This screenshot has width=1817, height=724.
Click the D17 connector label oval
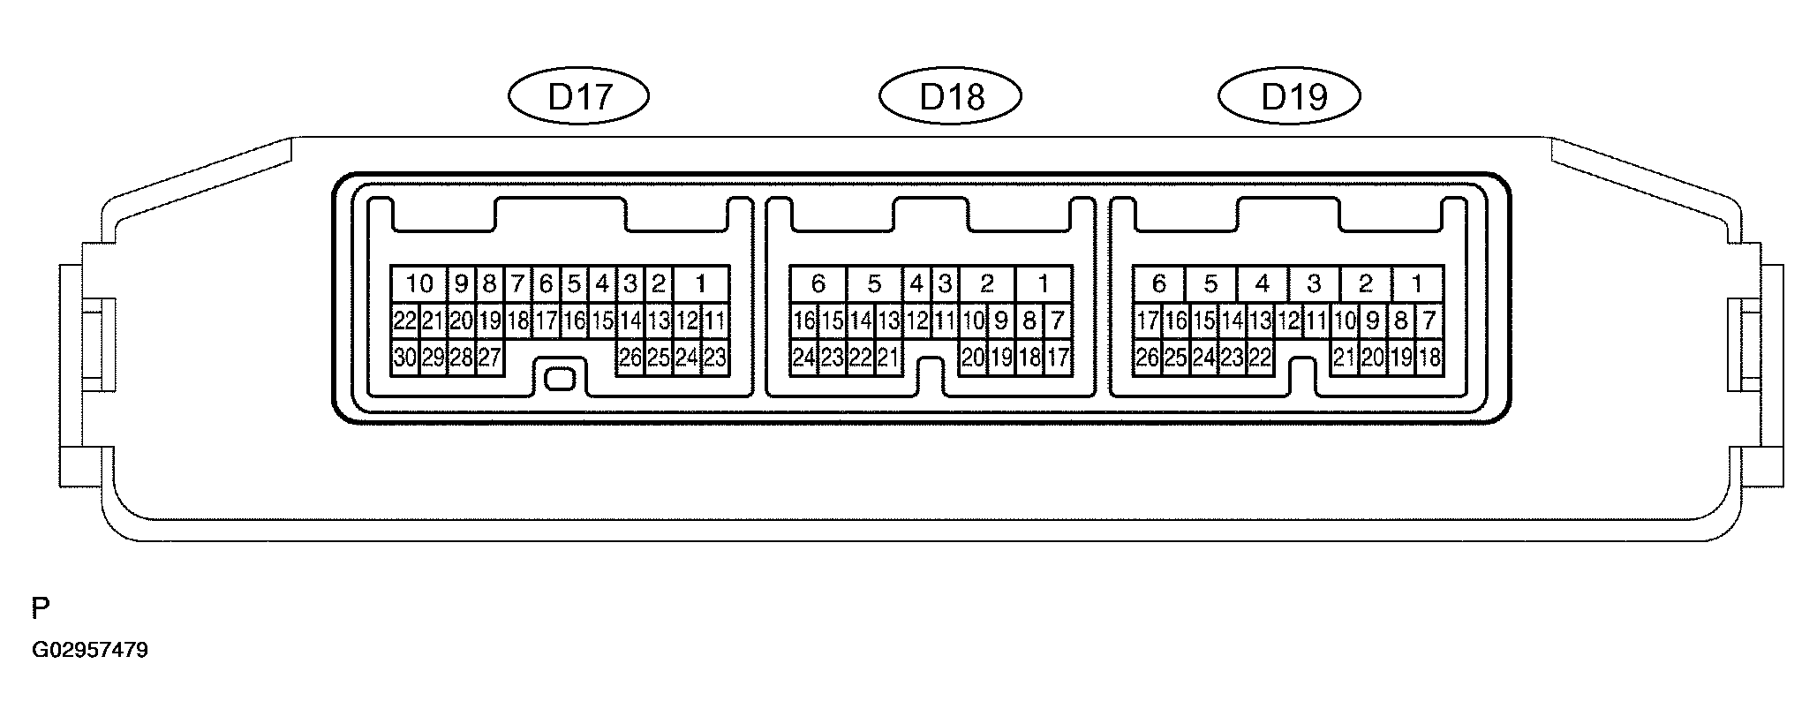tap(579, 96)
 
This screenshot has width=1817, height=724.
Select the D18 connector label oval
tap(951, 96)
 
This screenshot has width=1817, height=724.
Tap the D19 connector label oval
tap(1289, 96)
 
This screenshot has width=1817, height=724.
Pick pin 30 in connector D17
tap(404, 358)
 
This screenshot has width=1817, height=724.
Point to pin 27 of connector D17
tap(489, 358)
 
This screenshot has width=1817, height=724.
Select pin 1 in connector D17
tap(701, 284)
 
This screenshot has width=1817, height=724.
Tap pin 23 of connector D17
tap(715, 358)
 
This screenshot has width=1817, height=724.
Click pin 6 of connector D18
tap(818, 284)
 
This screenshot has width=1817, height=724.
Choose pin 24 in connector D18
tap(803, 358)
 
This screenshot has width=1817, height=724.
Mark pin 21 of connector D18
tap(888, 358)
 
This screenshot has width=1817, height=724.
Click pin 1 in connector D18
tap(1044, 284)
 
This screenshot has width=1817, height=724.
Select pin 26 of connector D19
tap(1147, 358)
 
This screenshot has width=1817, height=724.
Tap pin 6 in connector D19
tap(1158, 284)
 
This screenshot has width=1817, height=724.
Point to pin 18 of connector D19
tap(1429, 358)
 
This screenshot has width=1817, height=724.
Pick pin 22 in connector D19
tap(1260, 358)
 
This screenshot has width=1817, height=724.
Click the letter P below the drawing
tap(41, 608)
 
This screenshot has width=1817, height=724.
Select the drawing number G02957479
tap(90, 651)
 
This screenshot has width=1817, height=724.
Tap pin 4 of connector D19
tap(1263, 284)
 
